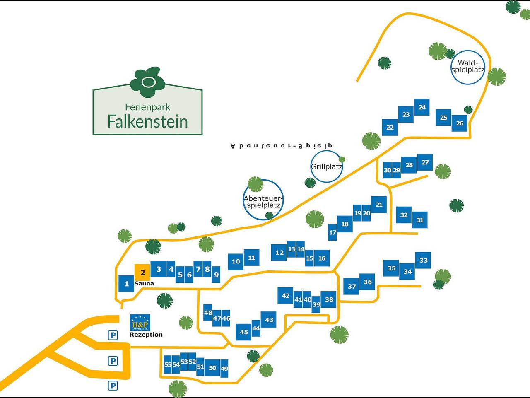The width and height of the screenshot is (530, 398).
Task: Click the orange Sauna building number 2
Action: (x=142, y=273)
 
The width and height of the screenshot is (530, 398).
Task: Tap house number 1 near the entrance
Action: (x=126, y=284)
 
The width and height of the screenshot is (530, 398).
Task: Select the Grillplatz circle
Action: (x=326, y=166)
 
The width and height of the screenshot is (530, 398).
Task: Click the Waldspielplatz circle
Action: (x=468, y=67)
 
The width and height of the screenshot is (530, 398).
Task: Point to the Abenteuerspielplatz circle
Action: (x=263, y=200)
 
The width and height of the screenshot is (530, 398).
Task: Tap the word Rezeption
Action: (x=146, y=335)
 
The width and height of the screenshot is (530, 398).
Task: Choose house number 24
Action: (x=422, y=107)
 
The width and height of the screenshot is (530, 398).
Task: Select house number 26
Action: (x=459, y=123)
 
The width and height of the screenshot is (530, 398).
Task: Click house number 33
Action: (x=423, y=260)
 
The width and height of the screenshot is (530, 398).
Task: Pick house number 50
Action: (x=212, y=368)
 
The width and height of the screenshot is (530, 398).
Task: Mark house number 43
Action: (x=269, y=320)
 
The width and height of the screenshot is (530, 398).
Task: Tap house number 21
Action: (x=378, y=205)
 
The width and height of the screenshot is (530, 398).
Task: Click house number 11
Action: (x=251, y=258)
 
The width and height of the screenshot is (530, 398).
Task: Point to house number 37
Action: (x=352, y=286)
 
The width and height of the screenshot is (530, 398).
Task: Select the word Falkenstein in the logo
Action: (x=147, y=121)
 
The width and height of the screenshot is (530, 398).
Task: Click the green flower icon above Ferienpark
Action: (x=147, y=80)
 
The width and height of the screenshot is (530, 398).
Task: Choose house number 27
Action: (x=425, y=162)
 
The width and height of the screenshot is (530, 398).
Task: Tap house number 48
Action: (x=208, y=313)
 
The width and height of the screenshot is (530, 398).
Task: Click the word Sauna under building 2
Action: (x=144, y=284)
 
